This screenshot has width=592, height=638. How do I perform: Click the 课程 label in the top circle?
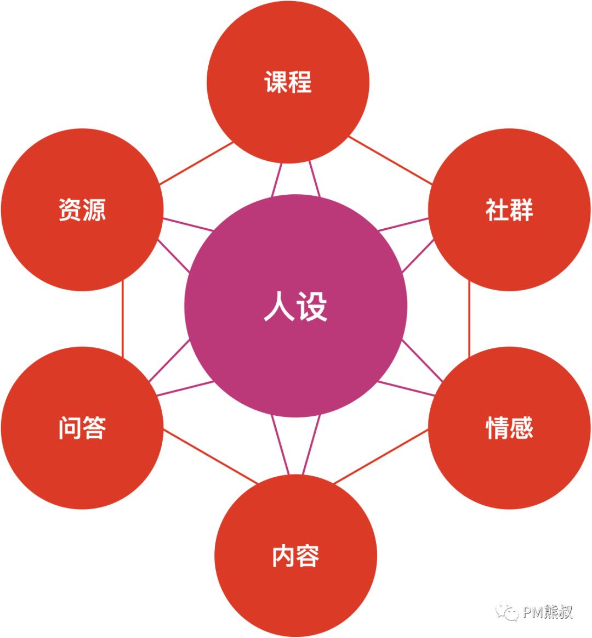click(288, 82)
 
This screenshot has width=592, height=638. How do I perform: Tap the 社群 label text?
click(509, 210)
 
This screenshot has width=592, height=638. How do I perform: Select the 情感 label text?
click(509, 428)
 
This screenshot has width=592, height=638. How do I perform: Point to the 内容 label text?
click(295, 556)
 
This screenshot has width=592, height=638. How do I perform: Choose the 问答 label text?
click(82, 428)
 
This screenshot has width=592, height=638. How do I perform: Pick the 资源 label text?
click(82, 210)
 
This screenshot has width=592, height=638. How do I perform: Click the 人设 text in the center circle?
click(295, 307)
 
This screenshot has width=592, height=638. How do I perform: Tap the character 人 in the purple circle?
click(279, 307)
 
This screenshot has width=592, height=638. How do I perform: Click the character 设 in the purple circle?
click(312, 307)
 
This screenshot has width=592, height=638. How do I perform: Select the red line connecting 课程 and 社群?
click(390, 160)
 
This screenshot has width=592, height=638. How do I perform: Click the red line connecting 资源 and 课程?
click(196, 163)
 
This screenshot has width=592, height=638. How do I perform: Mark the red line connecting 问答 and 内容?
click(210, 456)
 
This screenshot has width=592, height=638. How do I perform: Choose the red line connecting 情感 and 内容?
click(381, 456)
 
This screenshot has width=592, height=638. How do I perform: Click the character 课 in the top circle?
click(276, 82)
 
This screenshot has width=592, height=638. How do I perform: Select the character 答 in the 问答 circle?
click(94, 428)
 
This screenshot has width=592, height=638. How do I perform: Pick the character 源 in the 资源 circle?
click(94, 210)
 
